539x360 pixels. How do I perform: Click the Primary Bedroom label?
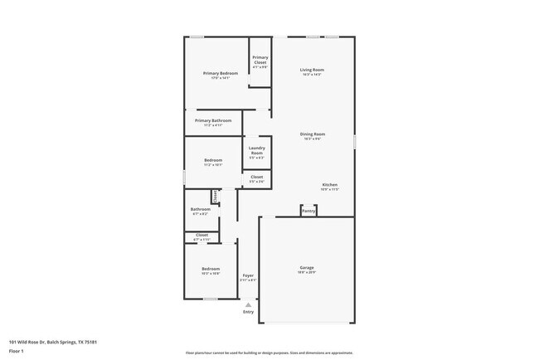[221, 73]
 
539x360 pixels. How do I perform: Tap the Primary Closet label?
[260, 59]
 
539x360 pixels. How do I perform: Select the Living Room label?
[312, 70]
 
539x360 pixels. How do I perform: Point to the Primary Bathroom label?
[213, 120]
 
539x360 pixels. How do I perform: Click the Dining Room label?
[313, 134]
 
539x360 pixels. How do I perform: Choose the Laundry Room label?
[256, 150]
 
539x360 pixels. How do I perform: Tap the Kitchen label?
[330, 184]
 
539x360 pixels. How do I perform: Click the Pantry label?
[308, 211]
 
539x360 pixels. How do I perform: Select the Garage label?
[307, 267]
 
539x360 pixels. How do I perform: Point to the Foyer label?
[248, 275]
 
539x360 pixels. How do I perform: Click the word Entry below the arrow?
[248, 312]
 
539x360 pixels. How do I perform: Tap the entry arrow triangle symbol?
[248, 304]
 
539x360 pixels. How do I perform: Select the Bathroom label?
[201, 209]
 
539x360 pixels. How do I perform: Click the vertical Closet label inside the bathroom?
[215, 196]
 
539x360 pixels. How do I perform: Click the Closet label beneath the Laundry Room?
[257, 176]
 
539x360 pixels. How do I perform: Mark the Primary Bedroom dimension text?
[221, 78]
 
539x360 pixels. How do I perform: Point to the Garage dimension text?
[307, 272]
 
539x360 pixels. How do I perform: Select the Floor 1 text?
[17, 351]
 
